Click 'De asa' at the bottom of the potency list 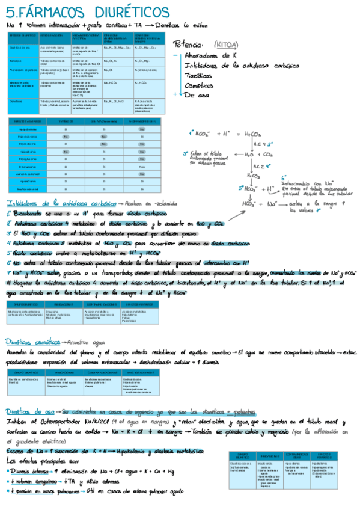click(196, 94)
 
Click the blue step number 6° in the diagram click(283, 179)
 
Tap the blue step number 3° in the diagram click(186, 153)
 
